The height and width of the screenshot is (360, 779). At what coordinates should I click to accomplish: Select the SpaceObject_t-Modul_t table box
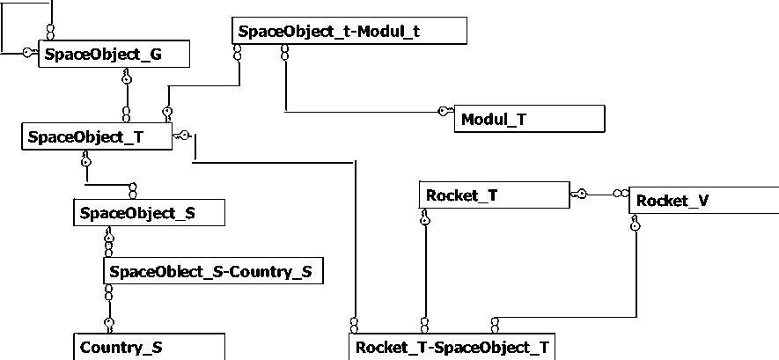click(x=350, y=31)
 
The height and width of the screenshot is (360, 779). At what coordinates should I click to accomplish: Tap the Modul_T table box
click(x=529, y=118)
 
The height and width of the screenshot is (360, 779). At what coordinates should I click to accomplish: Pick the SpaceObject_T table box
click(x=96, y=136)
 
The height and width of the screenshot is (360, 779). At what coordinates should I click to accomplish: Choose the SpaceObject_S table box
click(x=149, y=212)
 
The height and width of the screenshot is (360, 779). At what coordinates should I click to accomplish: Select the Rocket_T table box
click(x=494, y=195)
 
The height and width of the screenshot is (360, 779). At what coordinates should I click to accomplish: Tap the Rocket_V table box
click(x=703, y=201)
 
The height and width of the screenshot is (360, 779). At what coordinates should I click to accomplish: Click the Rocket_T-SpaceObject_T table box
click(x=452, y=347)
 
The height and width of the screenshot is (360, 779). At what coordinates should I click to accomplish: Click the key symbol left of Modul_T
click(x=445, y=111)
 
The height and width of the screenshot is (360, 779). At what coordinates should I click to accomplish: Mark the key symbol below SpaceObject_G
click(x=127, y=78)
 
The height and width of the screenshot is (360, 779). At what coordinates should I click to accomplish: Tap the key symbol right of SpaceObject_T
click(x=182, y=135)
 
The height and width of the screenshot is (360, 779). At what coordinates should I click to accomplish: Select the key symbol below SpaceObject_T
click(x=85, y=160)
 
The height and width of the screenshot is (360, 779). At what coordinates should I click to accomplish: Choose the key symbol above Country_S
click(x=109, y=322)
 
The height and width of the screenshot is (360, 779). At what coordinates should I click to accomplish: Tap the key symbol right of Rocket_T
click(x=579, y=193)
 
